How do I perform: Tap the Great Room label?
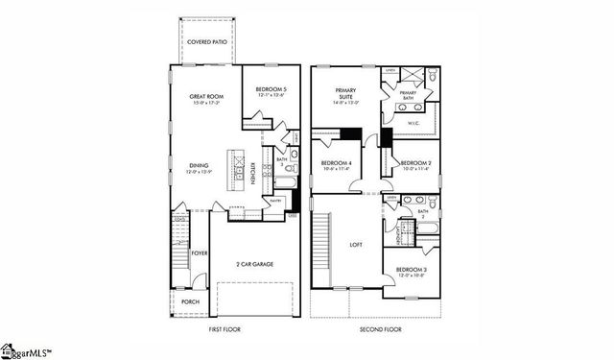(206, 97)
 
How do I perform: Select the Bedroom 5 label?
(272, 90)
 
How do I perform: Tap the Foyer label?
(200, 252)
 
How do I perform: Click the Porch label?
(192, 302)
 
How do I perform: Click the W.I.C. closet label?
(413, 123)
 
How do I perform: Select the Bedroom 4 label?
(337, 164)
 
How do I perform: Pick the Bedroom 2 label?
(415, 164)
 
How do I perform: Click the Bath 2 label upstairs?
(423, 214)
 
